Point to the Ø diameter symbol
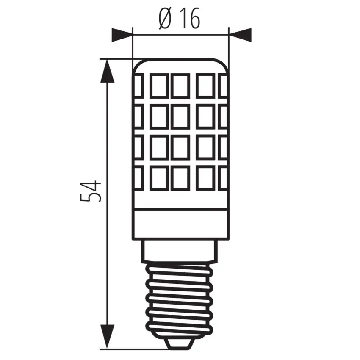point(166,19)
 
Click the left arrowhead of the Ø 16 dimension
point(122,35)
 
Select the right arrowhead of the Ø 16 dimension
point(240,35)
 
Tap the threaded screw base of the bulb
point(181,296)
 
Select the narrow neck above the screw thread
point(181,249)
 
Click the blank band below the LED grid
point(181,222)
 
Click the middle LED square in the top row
point(181,86)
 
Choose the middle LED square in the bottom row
point(181,177)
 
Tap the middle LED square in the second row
point(181,116)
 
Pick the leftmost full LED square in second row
point(159,116)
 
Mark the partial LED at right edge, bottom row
point(223,177)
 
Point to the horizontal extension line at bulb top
point(116,58)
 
